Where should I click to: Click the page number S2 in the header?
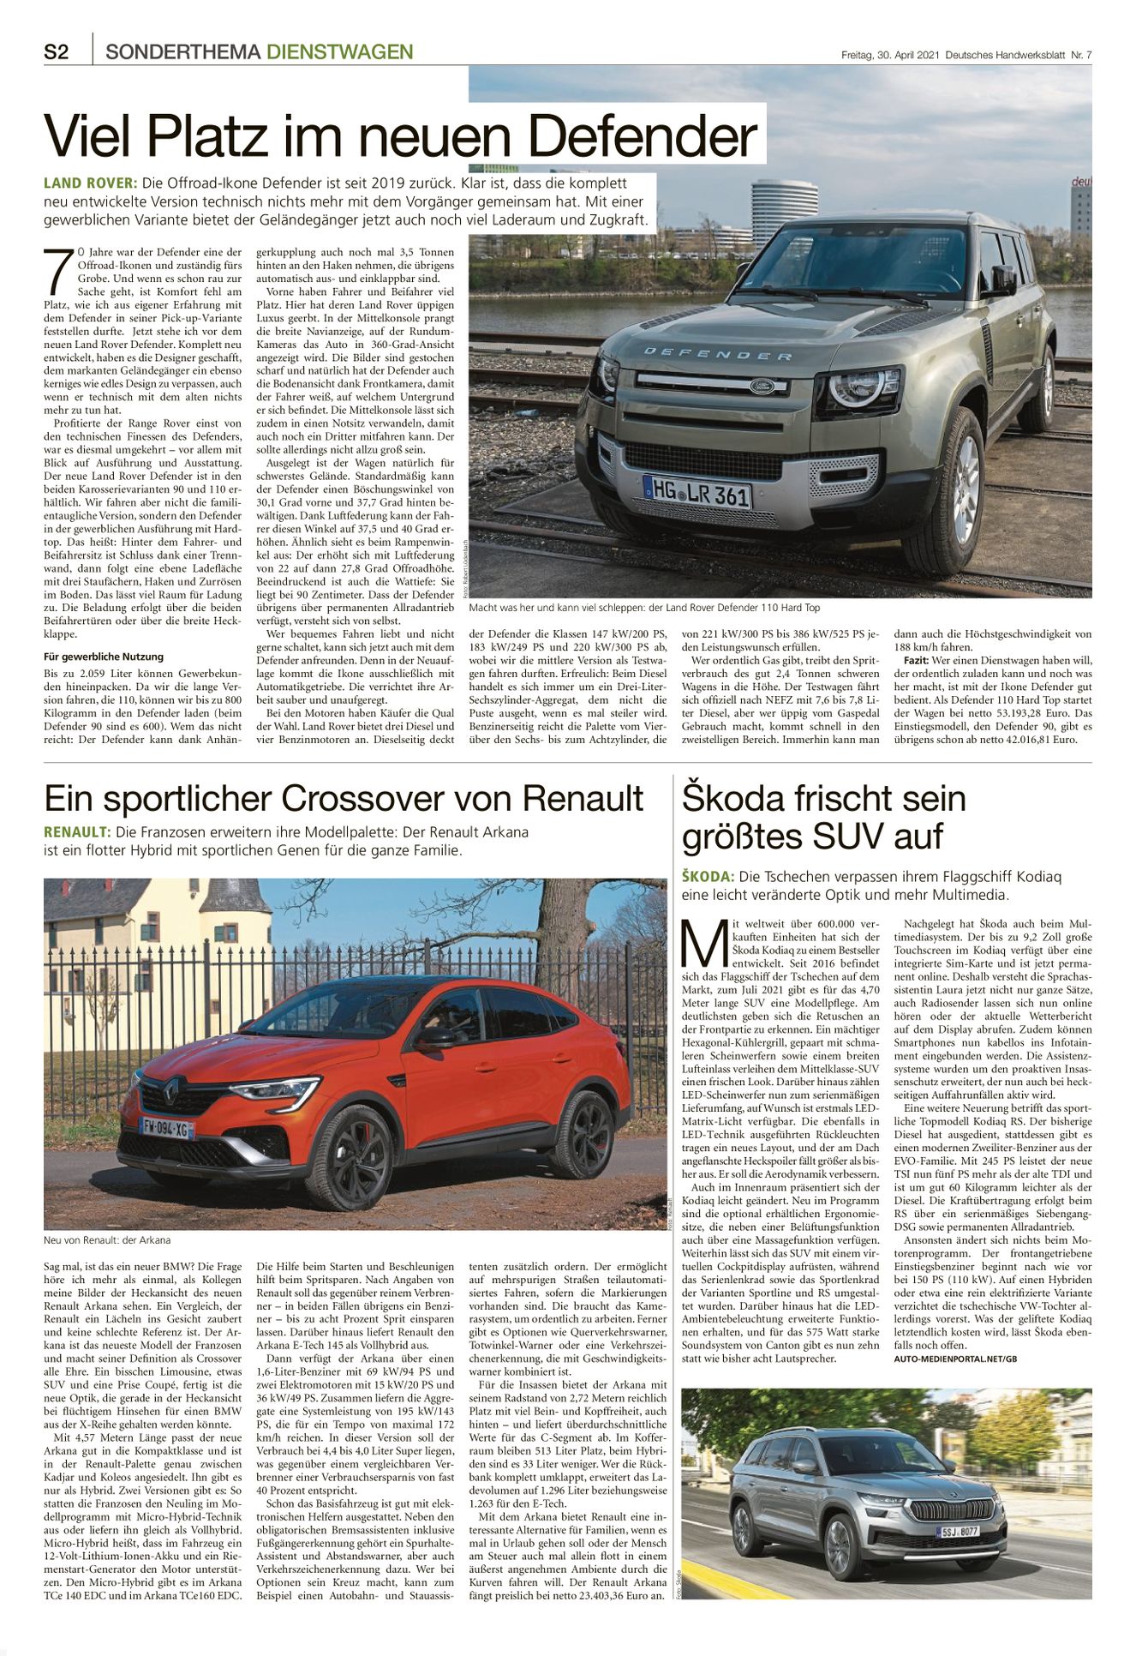(57, 52)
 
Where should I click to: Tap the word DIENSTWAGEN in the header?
(339, 52)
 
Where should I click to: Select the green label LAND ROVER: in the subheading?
(90, 183)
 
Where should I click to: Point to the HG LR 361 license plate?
(697, 492)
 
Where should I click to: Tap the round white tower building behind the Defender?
(784, 210)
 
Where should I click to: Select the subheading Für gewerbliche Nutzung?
(104, 657)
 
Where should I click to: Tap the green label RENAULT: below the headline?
(77, 832)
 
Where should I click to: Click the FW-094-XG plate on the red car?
(167, 1129)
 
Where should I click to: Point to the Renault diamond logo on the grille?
(171, 1089)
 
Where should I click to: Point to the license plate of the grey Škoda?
(958, 1532)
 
